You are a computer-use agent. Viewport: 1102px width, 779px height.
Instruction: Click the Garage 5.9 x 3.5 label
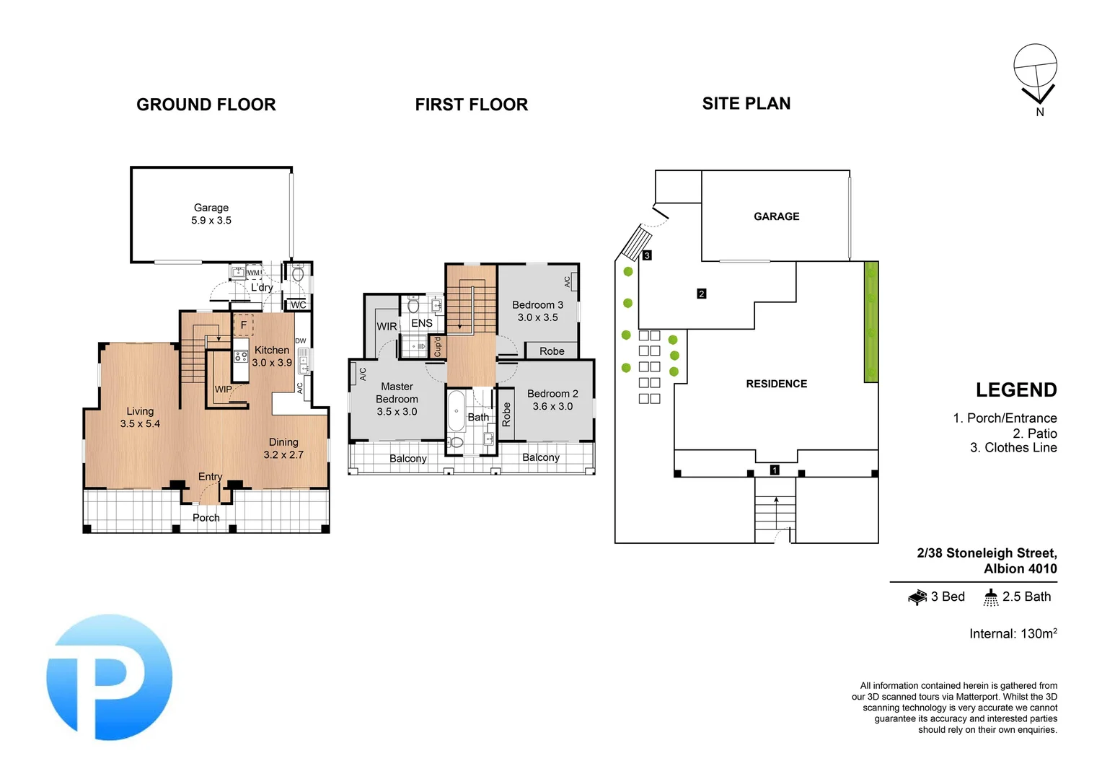point(211,214)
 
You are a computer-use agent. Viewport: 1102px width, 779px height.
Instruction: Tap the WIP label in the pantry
point(223,389)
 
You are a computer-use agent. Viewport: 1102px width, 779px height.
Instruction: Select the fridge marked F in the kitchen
point(243,325)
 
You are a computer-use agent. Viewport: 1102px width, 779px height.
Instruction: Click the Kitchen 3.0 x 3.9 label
point(272,356)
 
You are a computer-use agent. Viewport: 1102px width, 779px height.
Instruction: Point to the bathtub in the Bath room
point(456,411)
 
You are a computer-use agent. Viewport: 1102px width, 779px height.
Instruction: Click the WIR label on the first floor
point(387,327)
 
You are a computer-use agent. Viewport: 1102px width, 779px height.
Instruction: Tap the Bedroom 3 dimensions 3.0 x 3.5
point(537,317)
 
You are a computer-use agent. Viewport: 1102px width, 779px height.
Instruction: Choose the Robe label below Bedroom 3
point(552,351)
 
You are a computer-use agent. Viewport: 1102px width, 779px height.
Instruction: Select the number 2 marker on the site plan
point(701,294)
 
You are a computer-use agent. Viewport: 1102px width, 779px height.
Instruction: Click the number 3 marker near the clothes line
point(647,255)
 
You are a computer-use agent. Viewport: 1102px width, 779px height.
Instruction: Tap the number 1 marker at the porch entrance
point(775,470)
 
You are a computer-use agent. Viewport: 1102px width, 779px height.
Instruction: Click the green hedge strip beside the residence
point(871,322)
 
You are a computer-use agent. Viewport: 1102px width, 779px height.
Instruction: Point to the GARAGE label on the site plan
point(776,216)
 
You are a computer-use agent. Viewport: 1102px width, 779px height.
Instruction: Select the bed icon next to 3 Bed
point(917,597)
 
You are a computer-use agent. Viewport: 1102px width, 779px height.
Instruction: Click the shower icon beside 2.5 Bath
point(991,597)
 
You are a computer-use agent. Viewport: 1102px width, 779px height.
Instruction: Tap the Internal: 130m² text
point(1013,633)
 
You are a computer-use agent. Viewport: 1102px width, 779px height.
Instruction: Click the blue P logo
point(109,677)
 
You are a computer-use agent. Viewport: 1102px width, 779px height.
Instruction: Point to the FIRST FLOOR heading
point(471,105)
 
